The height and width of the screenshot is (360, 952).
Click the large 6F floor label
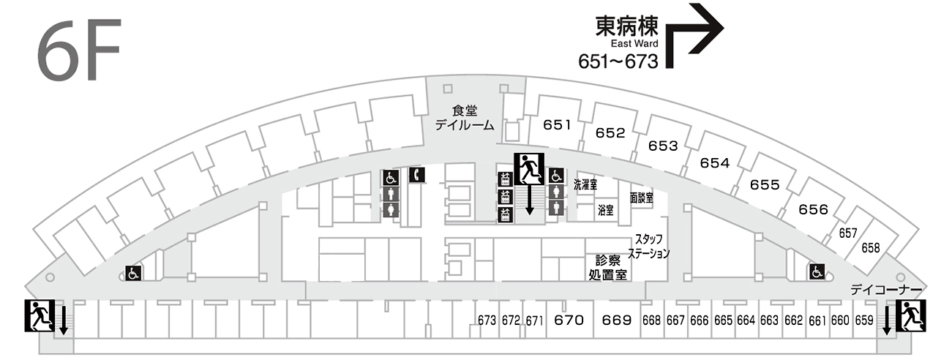[78, 51]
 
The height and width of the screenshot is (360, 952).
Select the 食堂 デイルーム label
[465, 118]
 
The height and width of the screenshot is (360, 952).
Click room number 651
[557, 125]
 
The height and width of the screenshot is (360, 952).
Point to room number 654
[715, 163]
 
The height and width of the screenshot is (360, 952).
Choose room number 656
[813, 210]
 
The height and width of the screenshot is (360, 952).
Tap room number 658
[871, 247]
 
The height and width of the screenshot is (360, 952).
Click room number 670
[569, 320]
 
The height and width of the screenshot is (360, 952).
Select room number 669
[617, 320]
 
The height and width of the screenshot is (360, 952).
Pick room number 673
[487, 320]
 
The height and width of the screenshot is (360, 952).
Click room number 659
[864, 320]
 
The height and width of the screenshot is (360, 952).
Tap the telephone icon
[416, 175]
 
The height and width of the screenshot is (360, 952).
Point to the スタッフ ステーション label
[651, 247]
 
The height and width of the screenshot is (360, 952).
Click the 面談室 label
[641, 198]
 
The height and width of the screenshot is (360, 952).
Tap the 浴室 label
[605, 210]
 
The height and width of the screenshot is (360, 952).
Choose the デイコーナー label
[885, 290]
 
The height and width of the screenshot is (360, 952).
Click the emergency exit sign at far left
[40, 315]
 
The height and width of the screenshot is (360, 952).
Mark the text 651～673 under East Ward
[618, 61]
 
